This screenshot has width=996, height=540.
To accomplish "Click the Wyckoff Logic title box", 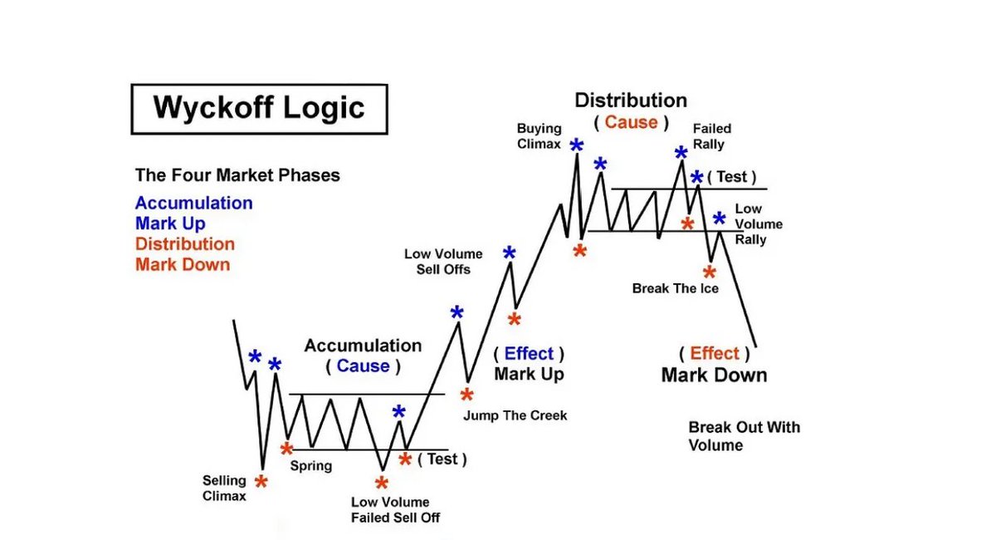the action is (x=259, y=108).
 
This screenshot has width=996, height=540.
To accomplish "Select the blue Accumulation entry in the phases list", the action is (x=193, y=204).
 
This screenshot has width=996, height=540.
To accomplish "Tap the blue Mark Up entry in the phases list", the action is (x=170, y=223).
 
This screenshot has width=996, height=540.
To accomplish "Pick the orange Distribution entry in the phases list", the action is (x=184, y=244).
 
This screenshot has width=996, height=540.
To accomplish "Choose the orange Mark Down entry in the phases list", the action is (x=183, y=265).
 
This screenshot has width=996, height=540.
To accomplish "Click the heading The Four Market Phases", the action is (x=237, y=176).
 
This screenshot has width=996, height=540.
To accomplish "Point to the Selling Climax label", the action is (x=224, y=488).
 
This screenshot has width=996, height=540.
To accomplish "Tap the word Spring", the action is (x=310, y=466).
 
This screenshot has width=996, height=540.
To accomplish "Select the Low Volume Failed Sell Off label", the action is (x=390, y=510).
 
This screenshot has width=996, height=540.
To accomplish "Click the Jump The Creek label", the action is (x=515, y=415).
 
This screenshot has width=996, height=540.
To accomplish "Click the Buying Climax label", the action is (x=539, y=136).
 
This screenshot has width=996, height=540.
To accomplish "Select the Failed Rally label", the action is (x=712, y=136).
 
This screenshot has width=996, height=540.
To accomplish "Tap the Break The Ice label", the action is (x=675, y=289).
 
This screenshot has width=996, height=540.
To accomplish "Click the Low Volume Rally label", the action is (x=750, y=224).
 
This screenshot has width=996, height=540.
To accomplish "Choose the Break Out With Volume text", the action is (x=744, y=436).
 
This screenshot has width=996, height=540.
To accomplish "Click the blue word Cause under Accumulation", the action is (x=363, y=366).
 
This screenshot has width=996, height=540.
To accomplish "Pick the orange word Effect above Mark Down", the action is (x=714, y=353).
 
